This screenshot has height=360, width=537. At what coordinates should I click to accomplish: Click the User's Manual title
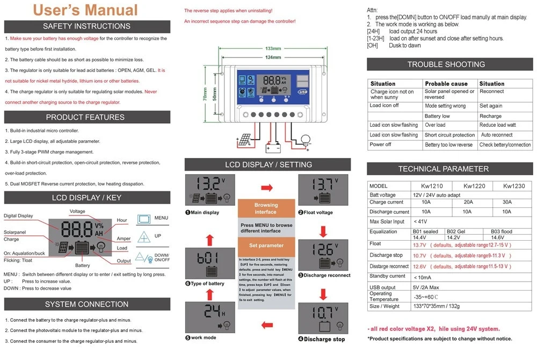85,10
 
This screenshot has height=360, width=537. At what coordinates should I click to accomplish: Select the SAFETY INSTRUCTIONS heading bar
87,26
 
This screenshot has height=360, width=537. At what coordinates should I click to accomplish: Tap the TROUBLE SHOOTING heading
446,64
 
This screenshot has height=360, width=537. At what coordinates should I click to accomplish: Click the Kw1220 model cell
475,186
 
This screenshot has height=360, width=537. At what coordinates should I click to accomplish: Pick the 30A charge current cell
507,203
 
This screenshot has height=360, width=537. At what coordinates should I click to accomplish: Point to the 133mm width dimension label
273,49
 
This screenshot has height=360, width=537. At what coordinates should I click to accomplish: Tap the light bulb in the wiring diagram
306,141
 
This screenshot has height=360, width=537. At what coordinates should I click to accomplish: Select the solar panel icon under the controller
244,141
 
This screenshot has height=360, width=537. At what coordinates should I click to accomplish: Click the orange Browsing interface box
266,208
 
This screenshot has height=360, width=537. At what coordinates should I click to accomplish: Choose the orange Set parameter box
266,246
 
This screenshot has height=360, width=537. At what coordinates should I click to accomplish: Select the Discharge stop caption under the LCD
324,339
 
